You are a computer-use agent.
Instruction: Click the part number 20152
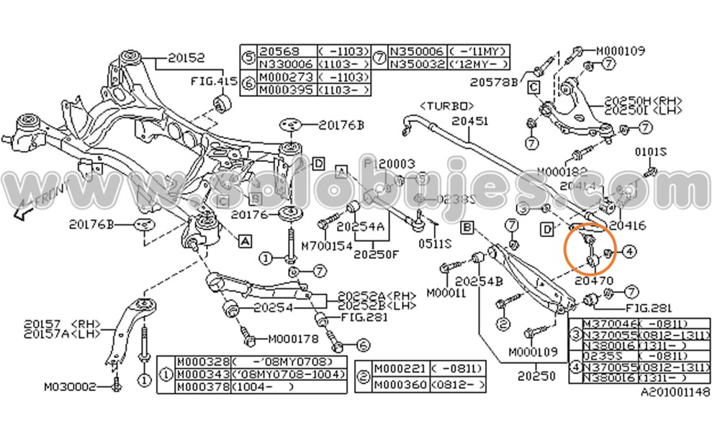point(186,56)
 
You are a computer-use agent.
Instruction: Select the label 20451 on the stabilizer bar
point(472,122)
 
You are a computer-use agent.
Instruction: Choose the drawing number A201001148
point(674,393)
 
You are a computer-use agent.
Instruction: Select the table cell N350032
point(418,64)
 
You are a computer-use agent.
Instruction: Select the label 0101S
point(650,153)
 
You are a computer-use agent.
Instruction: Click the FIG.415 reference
point(213,82)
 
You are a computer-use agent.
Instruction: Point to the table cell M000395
point(286,89)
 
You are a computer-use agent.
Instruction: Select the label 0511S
point(435,243)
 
